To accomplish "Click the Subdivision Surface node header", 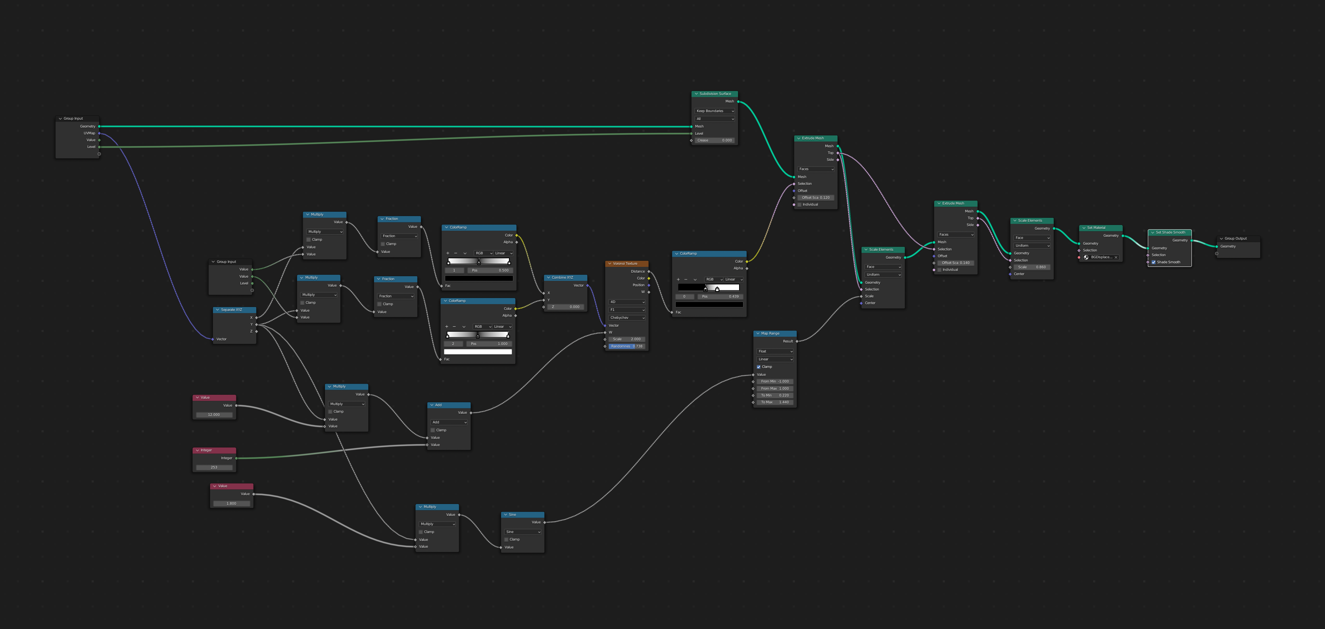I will (715, 94).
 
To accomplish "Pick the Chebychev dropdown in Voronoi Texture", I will (626, 318).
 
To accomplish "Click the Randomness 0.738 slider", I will (626, 346).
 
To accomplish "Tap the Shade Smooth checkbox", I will (1154, 262).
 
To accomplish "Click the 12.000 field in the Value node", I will (214, 415).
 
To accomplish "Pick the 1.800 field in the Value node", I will (232, 503).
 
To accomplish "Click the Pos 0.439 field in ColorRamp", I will (720, 297).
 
